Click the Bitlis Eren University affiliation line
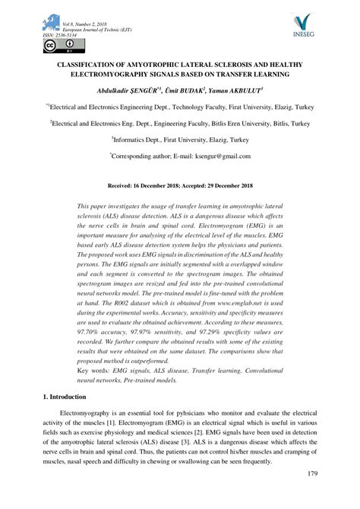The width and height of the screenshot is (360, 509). coord(180,122)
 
